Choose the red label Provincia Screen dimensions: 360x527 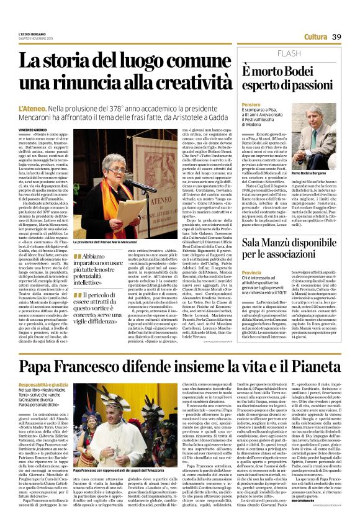[x=253, y=273]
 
